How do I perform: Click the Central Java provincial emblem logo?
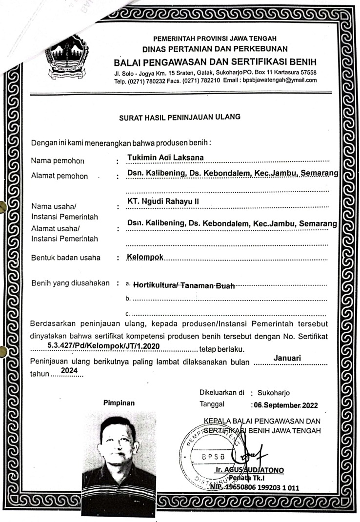tap(68, 60)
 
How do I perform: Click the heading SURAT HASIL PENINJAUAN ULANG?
tap(180, 117)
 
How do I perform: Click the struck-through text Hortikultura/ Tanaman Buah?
tap(184, 285)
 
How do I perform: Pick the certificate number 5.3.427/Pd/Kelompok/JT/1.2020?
tap(104, 346)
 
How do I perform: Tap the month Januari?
tap(287, 358)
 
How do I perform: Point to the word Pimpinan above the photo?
tap(119, 403)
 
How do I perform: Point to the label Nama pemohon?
tap(58, 161)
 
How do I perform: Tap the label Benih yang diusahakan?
tap(70, 283)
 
